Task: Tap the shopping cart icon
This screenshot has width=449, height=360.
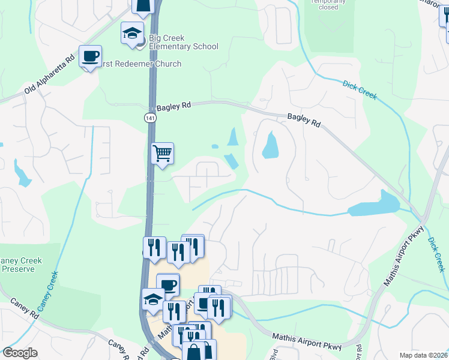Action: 162,154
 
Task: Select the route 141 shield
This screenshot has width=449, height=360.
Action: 148,118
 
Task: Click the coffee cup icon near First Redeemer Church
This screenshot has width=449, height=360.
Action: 90,57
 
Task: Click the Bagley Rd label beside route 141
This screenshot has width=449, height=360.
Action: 173,106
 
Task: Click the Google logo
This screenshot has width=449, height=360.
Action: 20,353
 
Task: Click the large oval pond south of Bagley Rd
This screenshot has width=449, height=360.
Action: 271,144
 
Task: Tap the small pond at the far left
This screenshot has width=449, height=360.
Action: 22,174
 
